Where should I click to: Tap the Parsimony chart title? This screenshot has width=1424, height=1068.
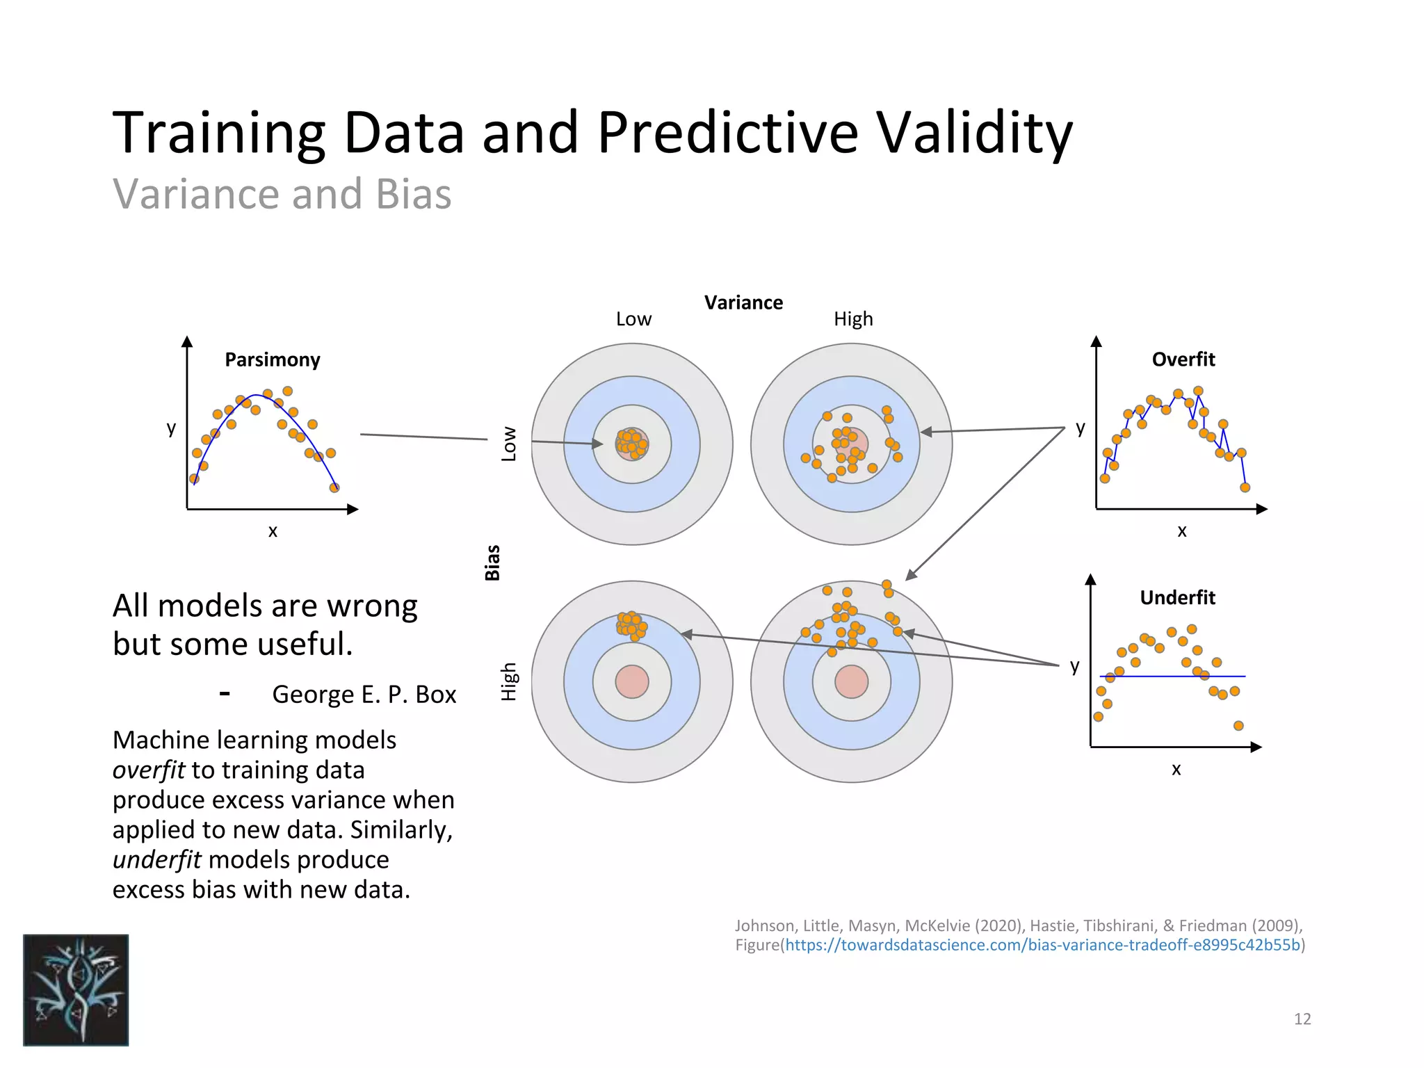(x=272, y=359)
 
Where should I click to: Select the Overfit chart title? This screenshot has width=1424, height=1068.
(x=1183, y=359)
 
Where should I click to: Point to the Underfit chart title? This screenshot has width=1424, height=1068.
(x=1177, y=597)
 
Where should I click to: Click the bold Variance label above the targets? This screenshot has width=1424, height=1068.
(x=743, y=302)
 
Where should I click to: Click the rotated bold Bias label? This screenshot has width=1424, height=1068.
(x=492, y=563)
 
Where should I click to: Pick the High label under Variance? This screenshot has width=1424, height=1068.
(x=853, y=319)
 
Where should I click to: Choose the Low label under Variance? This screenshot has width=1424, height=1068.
(x=633, y=319)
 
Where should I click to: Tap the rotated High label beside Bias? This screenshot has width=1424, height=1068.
(x=509, y=681)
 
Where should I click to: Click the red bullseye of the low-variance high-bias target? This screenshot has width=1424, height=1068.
(x=632, y=681)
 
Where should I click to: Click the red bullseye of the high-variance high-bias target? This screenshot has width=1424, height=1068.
(x=851, y=681)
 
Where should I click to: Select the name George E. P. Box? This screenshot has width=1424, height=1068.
(x=364, y=694)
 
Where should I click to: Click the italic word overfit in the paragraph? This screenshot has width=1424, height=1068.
(x=148, y=770)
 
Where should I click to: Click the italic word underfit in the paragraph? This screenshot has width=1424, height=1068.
(x=156, y=859)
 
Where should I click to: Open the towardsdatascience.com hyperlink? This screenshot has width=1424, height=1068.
(x=1043, y=945)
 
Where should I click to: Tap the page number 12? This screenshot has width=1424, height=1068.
(x=1302, y=1019)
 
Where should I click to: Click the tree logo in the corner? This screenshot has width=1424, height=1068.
(x=76, y=989)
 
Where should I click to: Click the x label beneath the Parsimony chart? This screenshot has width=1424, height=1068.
(x=273, y=531)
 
